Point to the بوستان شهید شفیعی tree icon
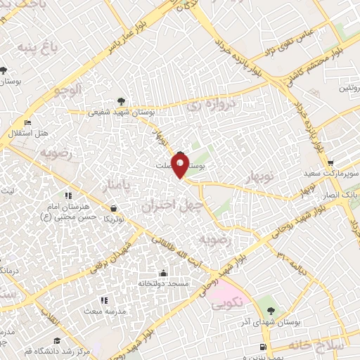(x=122, y=101)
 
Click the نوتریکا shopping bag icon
(x=114, y=209)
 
